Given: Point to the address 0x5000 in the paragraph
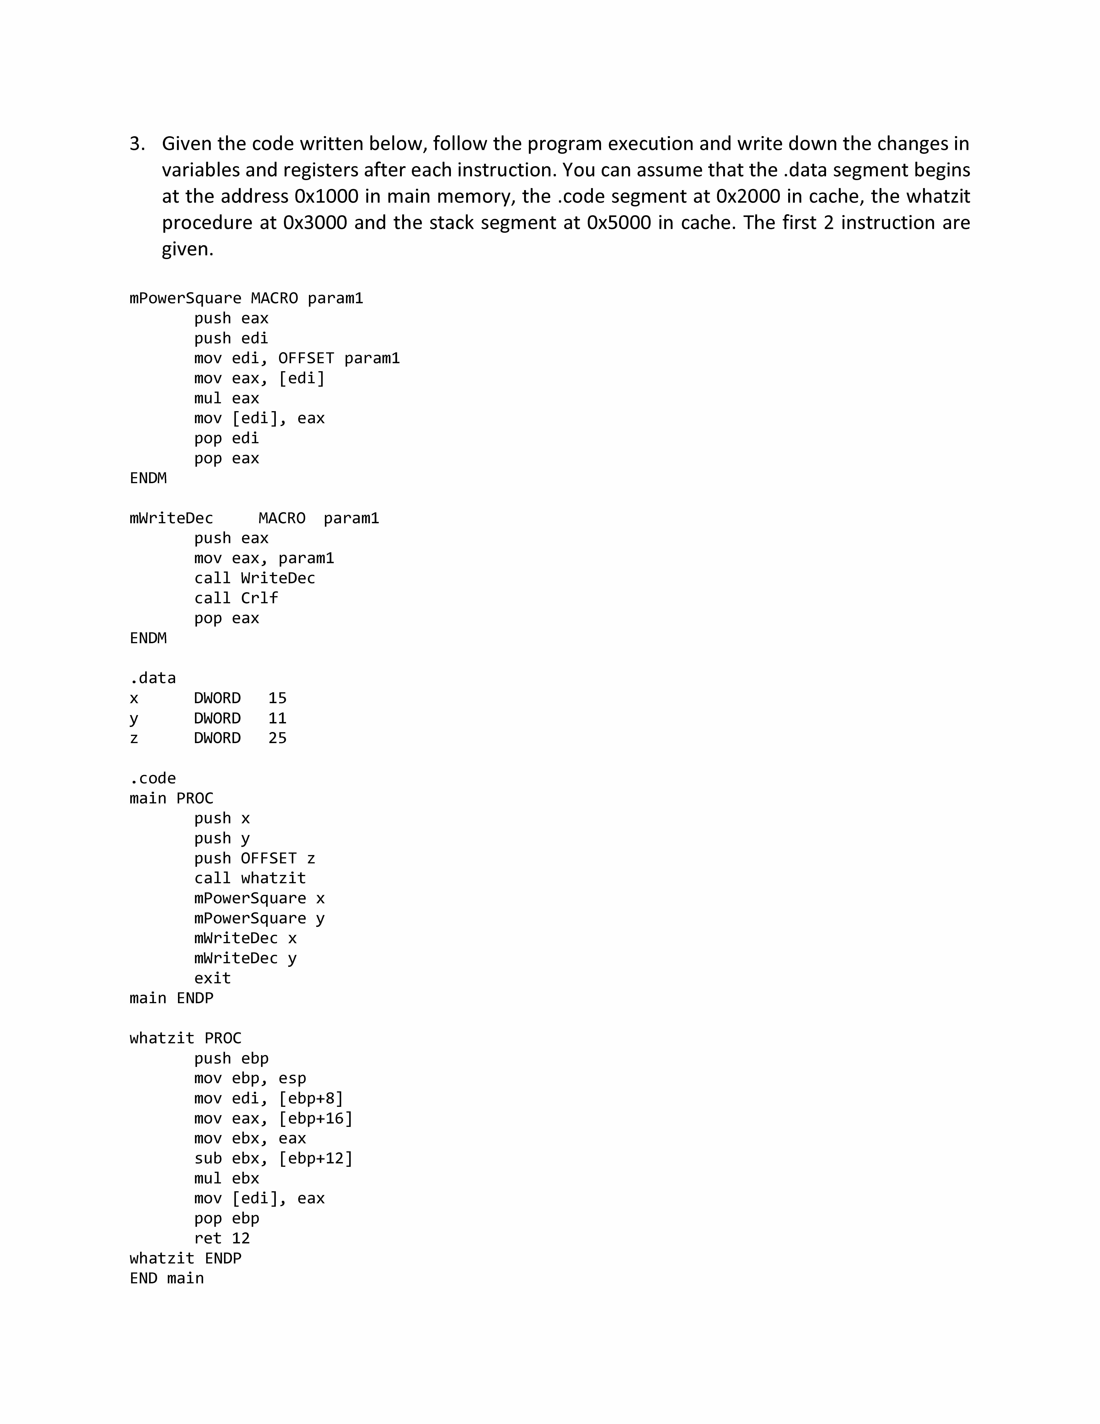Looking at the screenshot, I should click(618, 223).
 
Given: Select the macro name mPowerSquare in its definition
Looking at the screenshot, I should click(185, 299).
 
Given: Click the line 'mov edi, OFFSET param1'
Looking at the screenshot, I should click(297, 359).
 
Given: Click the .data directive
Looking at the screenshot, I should click(153, 678).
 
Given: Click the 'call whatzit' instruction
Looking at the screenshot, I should click(250, 878).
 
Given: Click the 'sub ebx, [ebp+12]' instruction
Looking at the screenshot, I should click(273, 1159).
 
